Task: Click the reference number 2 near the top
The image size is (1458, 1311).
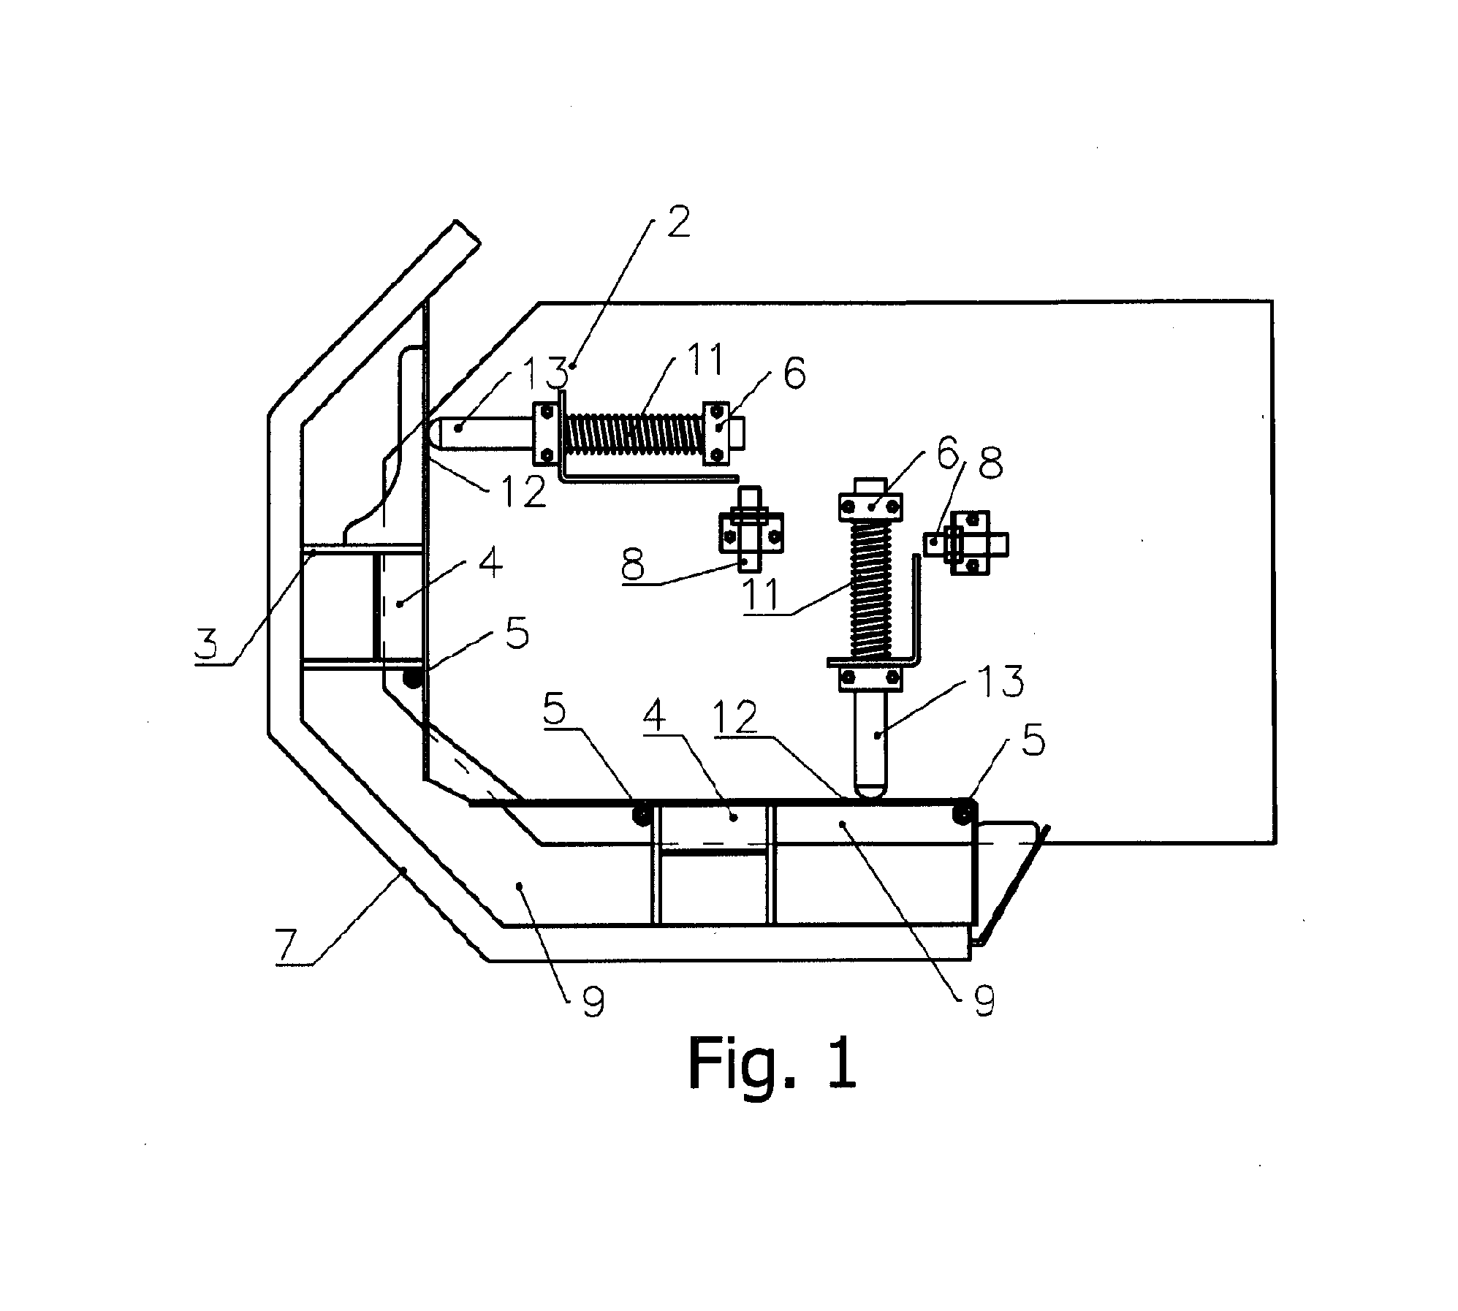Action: (x=677, y=222)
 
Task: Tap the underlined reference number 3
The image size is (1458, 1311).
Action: (x=207, y=645)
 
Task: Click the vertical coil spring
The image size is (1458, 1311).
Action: (x=870, y=589)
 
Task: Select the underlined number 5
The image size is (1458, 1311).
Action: (x=555, y=711)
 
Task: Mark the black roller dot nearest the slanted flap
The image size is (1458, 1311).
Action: (x=965, y=812)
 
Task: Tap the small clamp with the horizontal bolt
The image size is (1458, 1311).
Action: (x=966, y=544)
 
